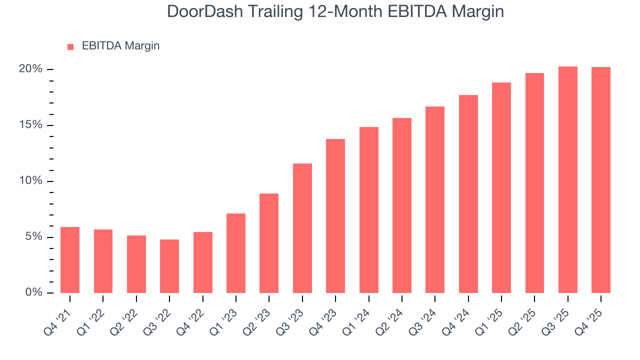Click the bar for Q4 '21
tap(70, 260)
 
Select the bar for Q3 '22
tap(169, 266)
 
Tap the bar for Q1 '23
tap(236, 253)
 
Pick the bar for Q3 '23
tap(302, 228)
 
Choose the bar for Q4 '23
tap(335, 216)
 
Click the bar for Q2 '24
tap(402, 205)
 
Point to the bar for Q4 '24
tap(468, 194)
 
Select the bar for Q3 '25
tap(568, 179)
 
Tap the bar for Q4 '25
tap(601, 180)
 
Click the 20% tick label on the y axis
tap(30, 69)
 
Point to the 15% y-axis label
tap(30, 125)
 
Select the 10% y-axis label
tap(30, 181)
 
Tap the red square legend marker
tap(70, 47)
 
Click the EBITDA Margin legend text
tap(120, 46)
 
